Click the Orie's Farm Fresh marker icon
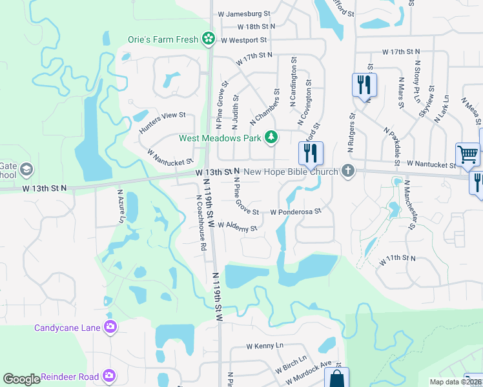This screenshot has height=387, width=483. [x=208, y=39]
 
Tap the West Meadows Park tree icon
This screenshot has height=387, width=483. [x=272, y=137]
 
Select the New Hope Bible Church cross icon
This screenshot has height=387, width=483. [x=348, y=171]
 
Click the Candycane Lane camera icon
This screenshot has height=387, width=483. [x=112, y=327]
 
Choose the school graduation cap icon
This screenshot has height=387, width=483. [x=26, y=170]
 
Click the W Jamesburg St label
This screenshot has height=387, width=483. [x=243, y=14]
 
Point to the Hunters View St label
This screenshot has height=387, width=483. [x=162, y=121]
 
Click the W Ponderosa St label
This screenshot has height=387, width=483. [x=295, y=212]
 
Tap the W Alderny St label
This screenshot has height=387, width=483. [x=237, y=226]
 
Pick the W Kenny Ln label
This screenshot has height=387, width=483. [x=265, y=346]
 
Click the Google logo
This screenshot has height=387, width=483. [x=21, y=379]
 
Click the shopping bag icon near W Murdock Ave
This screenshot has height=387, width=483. [x=336, y=378]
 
